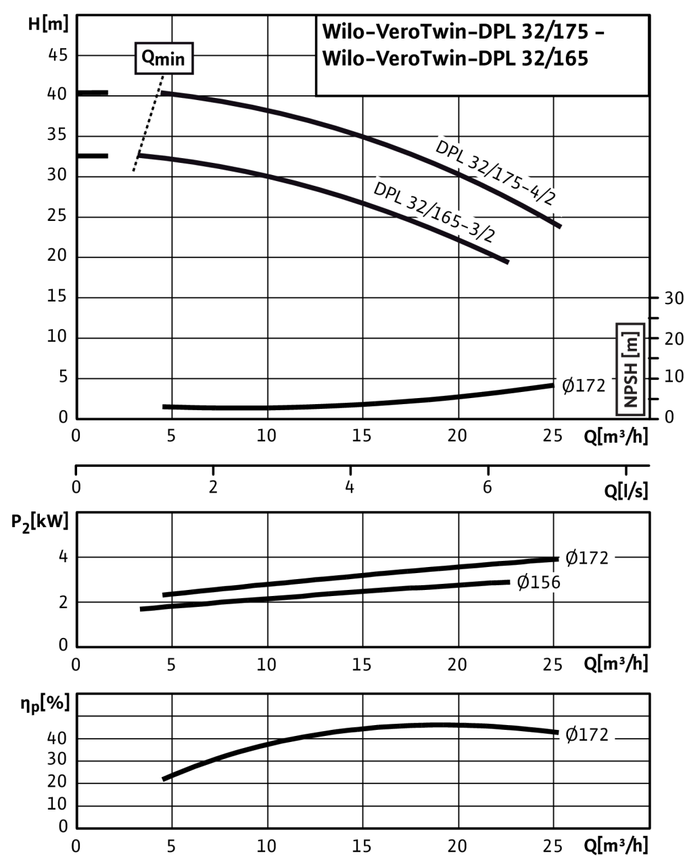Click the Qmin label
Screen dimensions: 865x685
(x=163, y=59)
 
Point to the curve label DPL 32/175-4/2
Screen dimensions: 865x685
(x=500, y=174)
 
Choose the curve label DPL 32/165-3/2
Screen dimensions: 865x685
(x=440, y=212)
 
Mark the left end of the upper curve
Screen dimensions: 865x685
(x=162, y=93)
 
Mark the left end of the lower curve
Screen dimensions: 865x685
(x=140, y=155)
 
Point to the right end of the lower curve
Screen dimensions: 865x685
(x=507, y=261)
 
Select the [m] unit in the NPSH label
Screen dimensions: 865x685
(x=630, y=341)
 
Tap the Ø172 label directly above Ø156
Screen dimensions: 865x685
(x=587, y=558)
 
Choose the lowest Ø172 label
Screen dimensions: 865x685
(x=587, y=735)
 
